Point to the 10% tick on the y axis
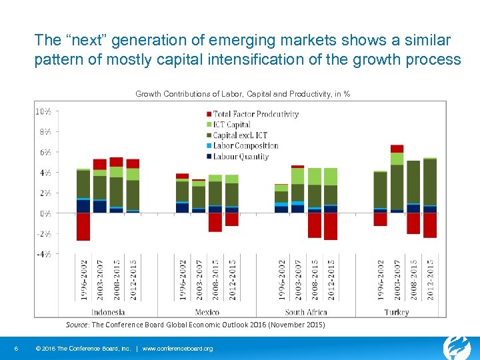click(43, 111)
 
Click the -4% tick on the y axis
click(43, 254)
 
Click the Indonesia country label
click(108, 312)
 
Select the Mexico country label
click(207, 312)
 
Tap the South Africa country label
click(305, 312)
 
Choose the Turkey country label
click(397, 312)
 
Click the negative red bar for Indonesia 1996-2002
click(83, 227)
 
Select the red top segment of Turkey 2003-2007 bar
click(397, 149)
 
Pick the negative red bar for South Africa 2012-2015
click(331, 227)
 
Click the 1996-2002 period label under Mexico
click(183, 280)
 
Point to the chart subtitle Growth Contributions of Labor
click(243, 94)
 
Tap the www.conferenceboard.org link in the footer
click(178, 349)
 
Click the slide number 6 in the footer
click(15, 349)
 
